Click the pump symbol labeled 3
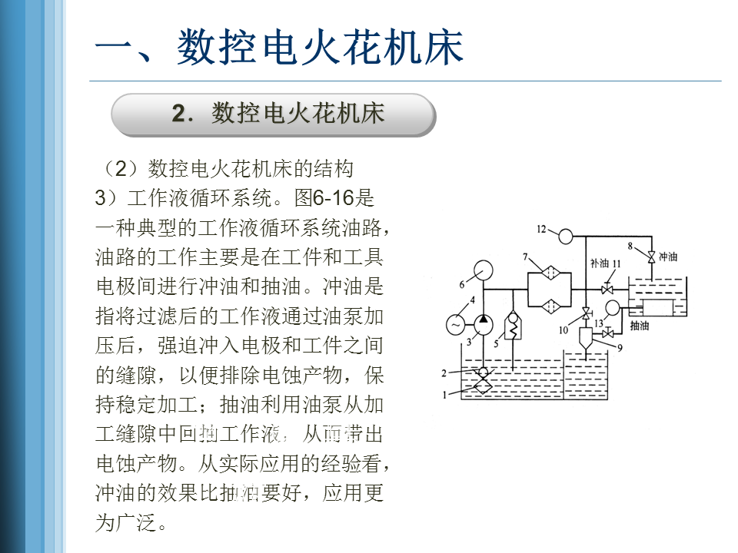pos(482,325)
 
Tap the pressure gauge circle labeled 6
pos(484,271)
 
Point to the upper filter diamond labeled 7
pos(549,273)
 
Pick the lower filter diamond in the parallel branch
pos(549,307)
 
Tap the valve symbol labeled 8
pos(651,255)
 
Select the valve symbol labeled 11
pos(606,289)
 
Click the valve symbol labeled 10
pos(586,313)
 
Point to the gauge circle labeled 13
pos(613,308)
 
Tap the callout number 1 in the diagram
pos(444,395)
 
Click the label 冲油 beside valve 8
pos(669,255)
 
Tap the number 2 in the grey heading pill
pos(179,114)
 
